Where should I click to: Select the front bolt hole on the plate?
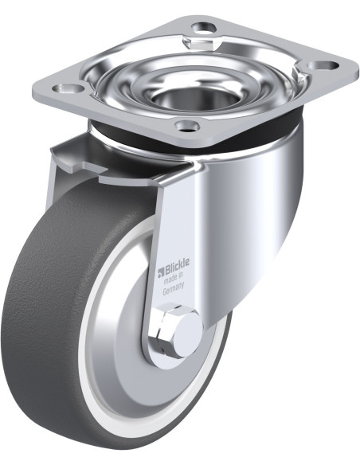pos(187,125)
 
